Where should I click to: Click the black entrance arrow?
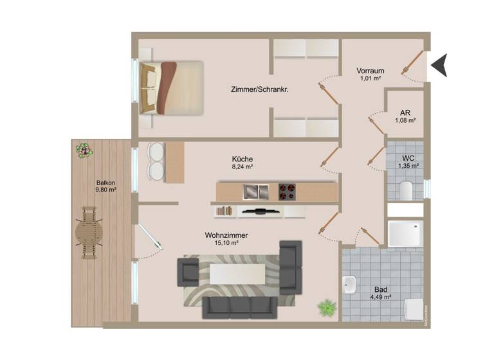click(x=439, y=65)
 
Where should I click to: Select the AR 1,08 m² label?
click(x=405, y=116)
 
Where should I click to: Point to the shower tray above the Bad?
click(x=405, y=234)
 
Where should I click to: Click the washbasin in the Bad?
click(x=349, y=283)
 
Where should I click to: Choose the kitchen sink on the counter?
click(x=255, y=192)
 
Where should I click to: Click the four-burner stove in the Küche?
click(x=287, y=192)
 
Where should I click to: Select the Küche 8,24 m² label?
click(x=242, y=163)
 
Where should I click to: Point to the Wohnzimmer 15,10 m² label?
click(x=226, y=239)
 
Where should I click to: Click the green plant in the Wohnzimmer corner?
click(x=327, y=307)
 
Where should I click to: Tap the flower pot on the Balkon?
click(x=84, y=150)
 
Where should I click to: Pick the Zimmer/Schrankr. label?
click(x=259, y=90)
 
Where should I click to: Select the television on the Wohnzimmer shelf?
click(x=261, y=211)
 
